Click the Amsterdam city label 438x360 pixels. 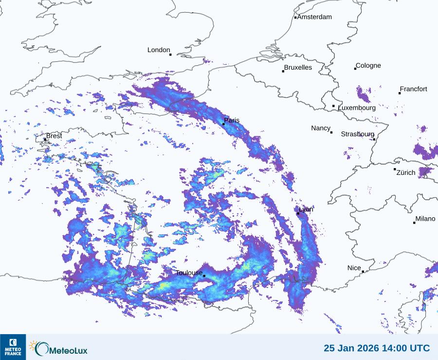click(x=314, y=17)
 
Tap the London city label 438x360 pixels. click(x=159, y=50)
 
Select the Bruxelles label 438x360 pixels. click(x=298, y=68)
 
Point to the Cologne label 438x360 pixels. click(x=368, y=66)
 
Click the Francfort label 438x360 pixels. click(x=414, y=89)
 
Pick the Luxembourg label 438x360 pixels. click(x=357, y=108)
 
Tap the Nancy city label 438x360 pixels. click(x=321, y=128)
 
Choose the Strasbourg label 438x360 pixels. click(x=358, y=134)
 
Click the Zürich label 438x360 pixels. click(x=406, y=172)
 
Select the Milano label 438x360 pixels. click(x=425, y=219)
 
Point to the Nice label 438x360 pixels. click(x=354, y=268)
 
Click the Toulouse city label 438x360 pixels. click(x=189, y=273)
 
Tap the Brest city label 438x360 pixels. click(x=54, y=136)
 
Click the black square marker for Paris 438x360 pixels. click(x=223, y=124)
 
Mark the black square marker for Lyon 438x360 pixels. click(x=298, y=213)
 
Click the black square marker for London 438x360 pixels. click(x=170, y=55)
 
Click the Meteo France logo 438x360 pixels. click(x=13, y=347)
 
